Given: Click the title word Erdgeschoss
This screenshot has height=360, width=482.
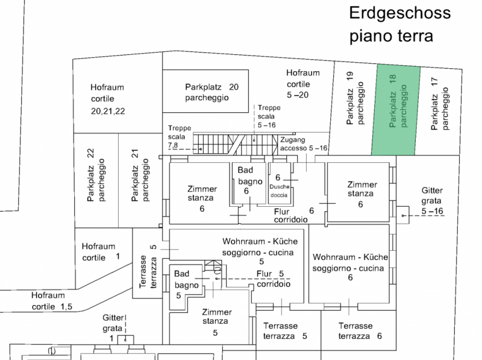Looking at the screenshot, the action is click(399, 13).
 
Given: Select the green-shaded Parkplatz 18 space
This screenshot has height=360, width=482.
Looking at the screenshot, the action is click(396, 110).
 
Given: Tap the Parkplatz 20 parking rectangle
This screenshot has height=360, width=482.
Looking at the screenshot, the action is click(205, 91).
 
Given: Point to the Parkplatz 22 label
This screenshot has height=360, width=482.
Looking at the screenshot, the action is click(96, 175).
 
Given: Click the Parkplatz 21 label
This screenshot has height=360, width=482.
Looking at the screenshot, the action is click(140, 175).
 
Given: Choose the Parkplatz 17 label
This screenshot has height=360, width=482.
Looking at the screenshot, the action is click(440, 104).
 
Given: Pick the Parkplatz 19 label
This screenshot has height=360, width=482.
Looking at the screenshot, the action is click(355, 98).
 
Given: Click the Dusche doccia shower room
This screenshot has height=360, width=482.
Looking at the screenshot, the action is click(280, 183).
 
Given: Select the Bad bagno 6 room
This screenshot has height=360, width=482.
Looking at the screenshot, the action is click(249, 183).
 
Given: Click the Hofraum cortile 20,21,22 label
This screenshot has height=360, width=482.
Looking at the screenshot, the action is click(108, 99).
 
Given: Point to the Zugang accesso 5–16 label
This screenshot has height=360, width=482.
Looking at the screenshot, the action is click(304, 144).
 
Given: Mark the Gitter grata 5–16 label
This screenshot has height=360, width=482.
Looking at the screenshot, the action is click(432, 201).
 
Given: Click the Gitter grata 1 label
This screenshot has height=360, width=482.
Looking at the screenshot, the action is click(113, 328).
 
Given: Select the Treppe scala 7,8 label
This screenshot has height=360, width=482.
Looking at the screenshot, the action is click(180, 137).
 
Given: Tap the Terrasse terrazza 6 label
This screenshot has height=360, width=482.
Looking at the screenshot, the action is click(360, 331).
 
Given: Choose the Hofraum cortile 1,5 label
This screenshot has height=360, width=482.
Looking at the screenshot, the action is click(52, 301).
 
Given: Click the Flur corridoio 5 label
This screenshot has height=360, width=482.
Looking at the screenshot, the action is click(272, 279).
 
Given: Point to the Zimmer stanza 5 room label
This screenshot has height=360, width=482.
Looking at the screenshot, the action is click(216, 322).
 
